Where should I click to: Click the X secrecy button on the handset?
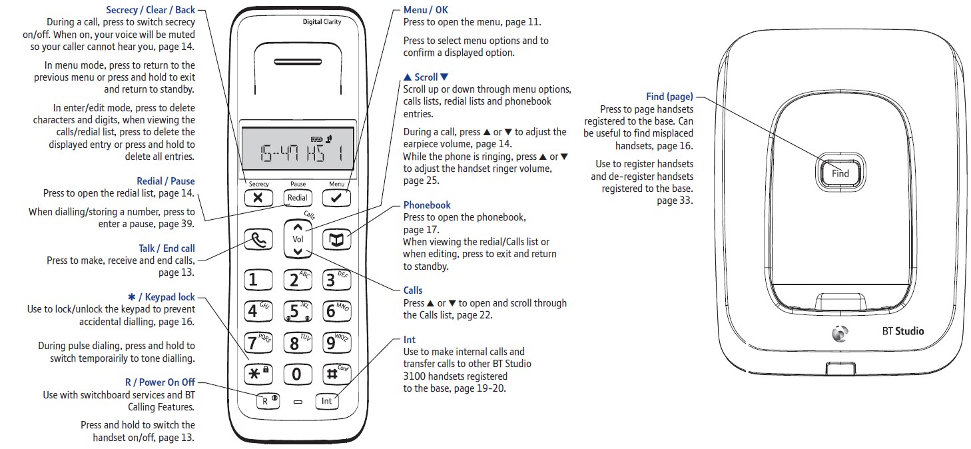click(258, 198)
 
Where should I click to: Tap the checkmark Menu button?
click(336, 198)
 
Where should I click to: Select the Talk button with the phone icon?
click(258, 240)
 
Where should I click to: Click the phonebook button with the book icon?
click(336, 240)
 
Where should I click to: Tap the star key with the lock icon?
click(258, 374)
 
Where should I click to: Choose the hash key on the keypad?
click(336, 374)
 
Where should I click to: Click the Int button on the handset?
click(327, 401)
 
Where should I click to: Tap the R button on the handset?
click(268, 401)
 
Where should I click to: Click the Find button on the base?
click(840, 173)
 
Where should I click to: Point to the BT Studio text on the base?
click(903, 332)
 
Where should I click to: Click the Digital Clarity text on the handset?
click(322, 22)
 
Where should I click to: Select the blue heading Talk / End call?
click(167, 248)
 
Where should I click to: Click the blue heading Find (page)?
click(670, 97)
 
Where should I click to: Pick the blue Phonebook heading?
click(427, 205)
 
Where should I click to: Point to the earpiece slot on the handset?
click(298, 62)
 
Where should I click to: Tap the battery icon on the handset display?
click(316, 139)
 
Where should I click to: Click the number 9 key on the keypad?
click(336, 343)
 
